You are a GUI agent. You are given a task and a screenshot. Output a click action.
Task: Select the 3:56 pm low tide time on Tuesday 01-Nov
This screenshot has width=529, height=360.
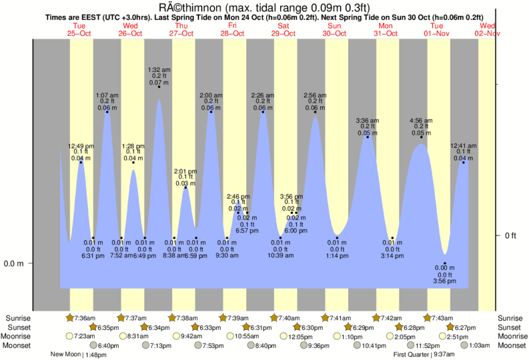click(x=444, y=281)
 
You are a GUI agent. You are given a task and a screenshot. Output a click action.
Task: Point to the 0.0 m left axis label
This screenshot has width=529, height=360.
click(x=13, y=263)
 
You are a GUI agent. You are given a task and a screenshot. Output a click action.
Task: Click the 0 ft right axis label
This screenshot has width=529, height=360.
click(x=511, y=235)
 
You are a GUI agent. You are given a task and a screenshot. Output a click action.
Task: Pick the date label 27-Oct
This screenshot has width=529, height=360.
click(x=181, y=33)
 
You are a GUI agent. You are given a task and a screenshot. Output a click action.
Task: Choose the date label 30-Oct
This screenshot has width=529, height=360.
click(x=334, y=33)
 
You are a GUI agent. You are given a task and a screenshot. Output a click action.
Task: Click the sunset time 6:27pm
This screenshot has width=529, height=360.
click(x=466, y=327)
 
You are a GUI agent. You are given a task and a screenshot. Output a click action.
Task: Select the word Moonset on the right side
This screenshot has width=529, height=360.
click(x=512, y=345)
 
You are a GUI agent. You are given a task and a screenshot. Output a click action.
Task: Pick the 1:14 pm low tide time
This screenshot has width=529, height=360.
click(x=338, y=256)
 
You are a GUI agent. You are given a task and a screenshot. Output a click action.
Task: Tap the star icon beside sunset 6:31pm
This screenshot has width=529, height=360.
click(x=246, y=327)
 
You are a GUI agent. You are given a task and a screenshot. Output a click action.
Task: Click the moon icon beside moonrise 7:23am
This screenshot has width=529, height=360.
click(x=70, y=337)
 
